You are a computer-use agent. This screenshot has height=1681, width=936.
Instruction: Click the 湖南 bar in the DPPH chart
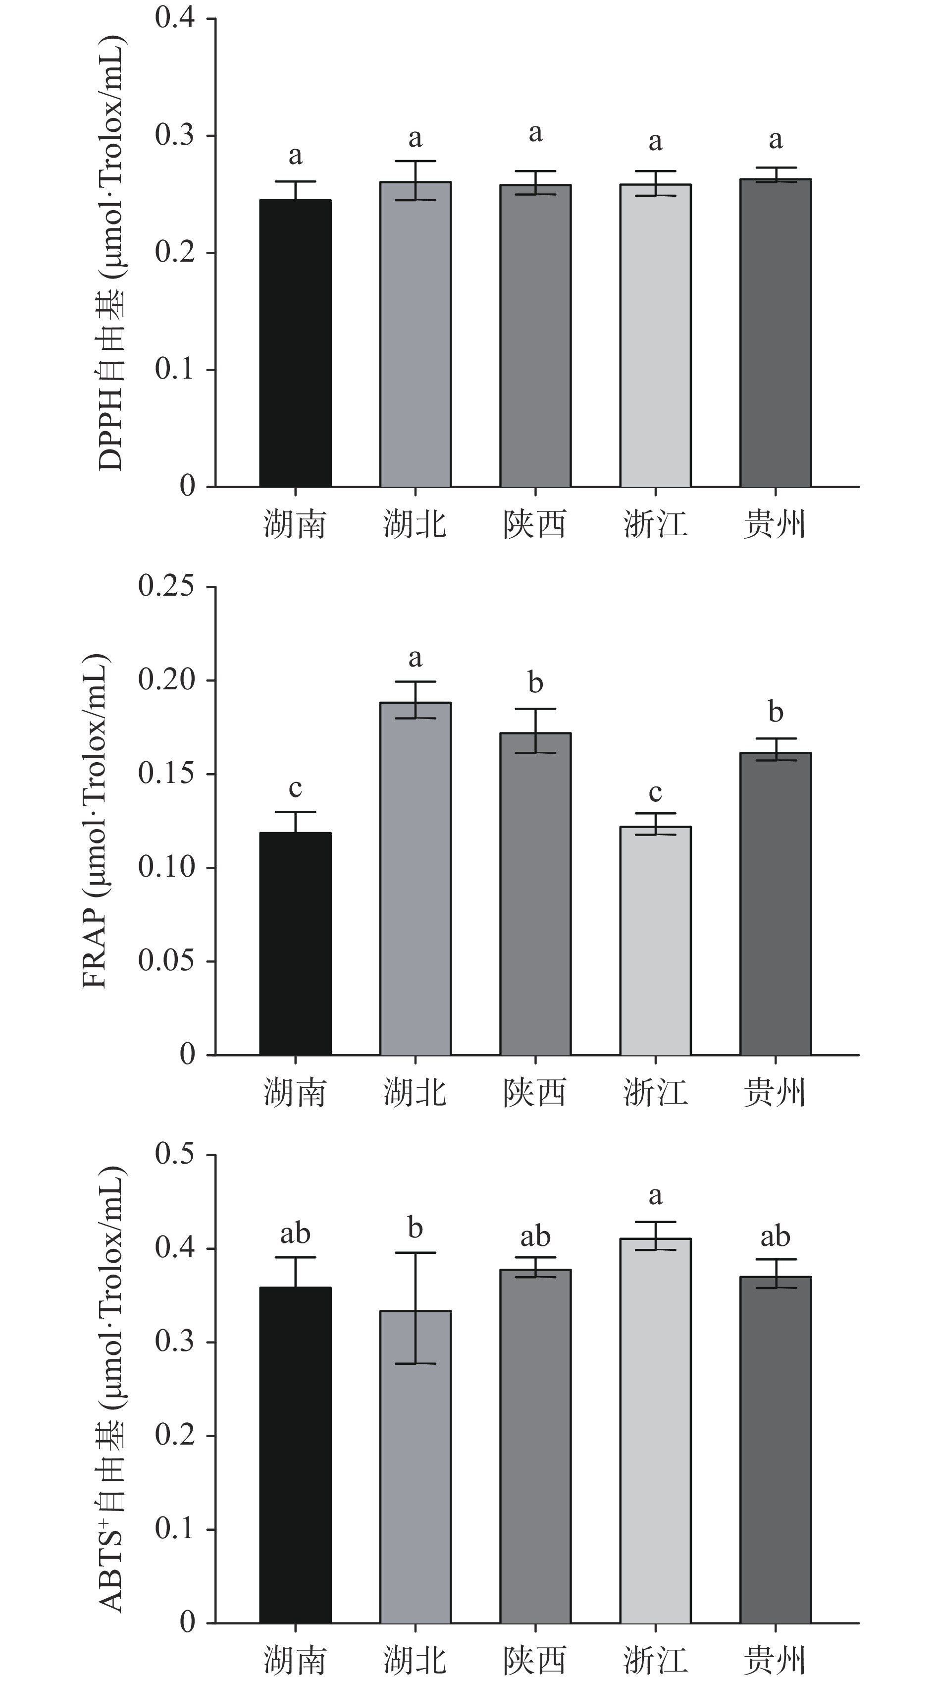pyautogui.click(x=296, y=343)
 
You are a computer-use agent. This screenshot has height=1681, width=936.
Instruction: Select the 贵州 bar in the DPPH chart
pyautogui.click(x=775, y=333)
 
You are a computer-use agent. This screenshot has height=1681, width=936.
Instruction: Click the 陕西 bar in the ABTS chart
pyautogui.click(x=535, y=1446)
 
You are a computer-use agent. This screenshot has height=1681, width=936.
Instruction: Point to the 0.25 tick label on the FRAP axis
pyautogui.click(x=166, y=586)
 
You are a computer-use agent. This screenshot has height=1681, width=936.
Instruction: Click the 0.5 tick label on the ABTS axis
pyautogui.click(x=175, y=1154)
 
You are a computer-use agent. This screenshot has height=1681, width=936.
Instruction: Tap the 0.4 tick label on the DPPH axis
pyautogui.click(x=175, y=18)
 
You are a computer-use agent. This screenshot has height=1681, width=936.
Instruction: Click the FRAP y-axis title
pyautogui.click(x=95, y=821)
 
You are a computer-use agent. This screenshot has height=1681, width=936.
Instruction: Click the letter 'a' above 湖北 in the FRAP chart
pyautogui.click(x=416, y=658)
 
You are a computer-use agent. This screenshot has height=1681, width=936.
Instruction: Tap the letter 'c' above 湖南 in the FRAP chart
pyautogui.click(x=296, y=788)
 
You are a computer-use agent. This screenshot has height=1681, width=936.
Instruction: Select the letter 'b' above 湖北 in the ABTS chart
pyautogui.click(x=416, y=1228)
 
